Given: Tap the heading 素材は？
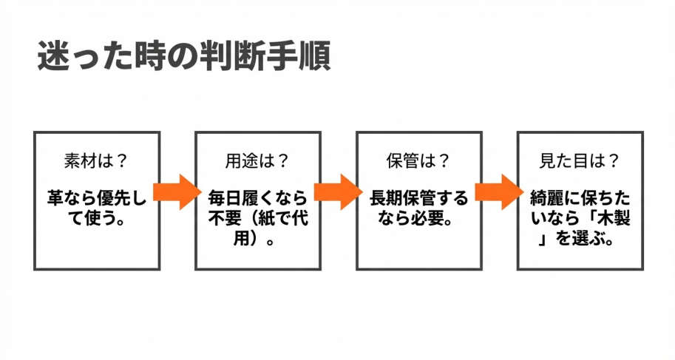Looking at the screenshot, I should click(x=97, y=160).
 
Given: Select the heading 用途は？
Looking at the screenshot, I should click(x=257, y=160).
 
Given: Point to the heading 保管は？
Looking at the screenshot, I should click(x=418, y=160).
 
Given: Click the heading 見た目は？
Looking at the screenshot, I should click(x=580, y=160).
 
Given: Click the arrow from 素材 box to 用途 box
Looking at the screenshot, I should click(x=178, y=191).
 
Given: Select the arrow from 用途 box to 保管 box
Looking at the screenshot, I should click(x=339, y=191).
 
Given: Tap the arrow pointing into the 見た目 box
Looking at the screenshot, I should click(x=499, y=191).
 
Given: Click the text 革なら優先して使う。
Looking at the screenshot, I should click(x=97, y=208).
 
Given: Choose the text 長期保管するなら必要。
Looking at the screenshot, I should click(x=418, y=208).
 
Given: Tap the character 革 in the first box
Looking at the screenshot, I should click(x=55, y=198).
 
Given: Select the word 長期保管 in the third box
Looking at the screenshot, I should click(x=405, y=198).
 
